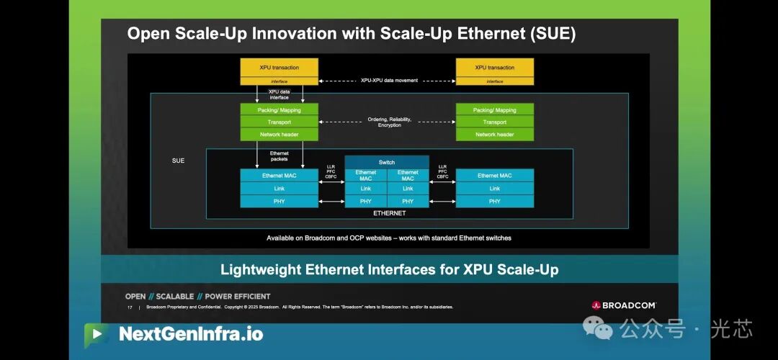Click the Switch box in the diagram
tap(387, 162)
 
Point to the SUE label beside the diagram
tap(178, 161)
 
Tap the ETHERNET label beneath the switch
tap(389, 213)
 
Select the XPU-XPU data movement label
tap(389, 81)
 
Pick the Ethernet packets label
tap(279, 156)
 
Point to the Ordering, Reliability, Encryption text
tap(389, 122)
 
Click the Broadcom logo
tap(624, 305)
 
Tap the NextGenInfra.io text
tap(191, 334)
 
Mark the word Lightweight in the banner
tap(261, 270)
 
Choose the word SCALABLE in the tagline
tap(175, 296)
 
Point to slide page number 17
tap(130, 307)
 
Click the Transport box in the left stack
tap(279, 122)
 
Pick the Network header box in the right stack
tap(495, 135)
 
